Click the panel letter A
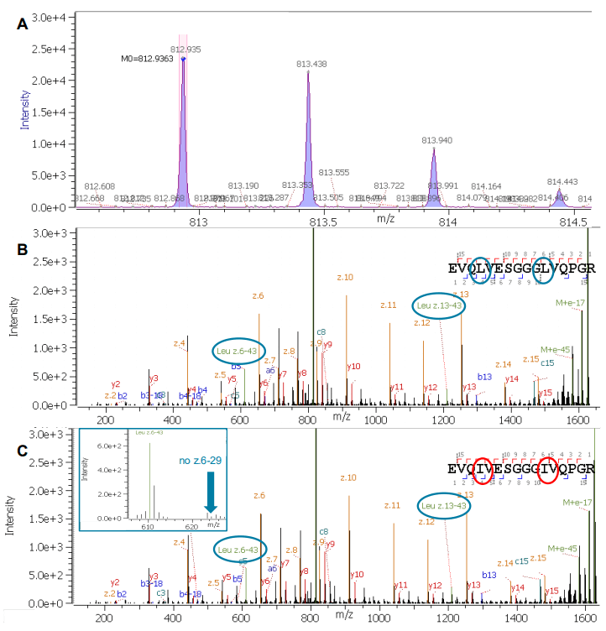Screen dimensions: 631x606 [23, 24]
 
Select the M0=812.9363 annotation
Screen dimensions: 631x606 [147, 60]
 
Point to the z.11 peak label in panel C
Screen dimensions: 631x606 [392, 506]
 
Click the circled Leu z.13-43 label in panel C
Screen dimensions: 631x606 [443, 505]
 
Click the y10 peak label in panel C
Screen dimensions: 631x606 [356, 575]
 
